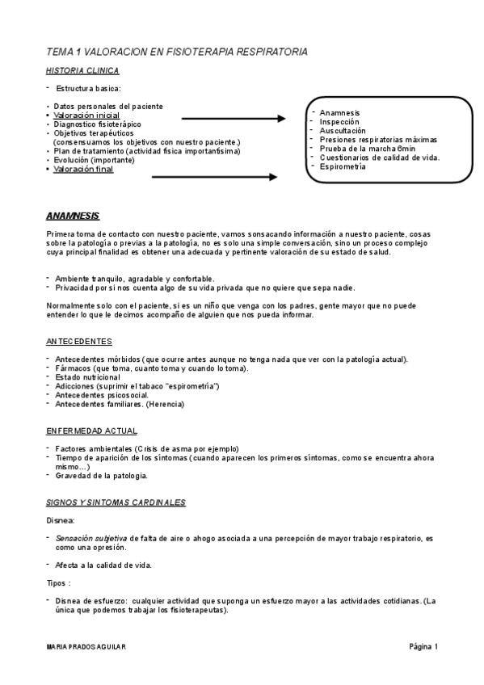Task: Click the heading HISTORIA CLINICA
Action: (x=82, y=70)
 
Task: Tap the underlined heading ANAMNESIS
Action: (x=73, y=216)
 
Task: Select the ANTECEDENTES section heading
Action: (x=79, y=342)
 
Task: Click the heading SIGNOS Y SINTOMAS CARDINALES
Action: (x=116, y=502)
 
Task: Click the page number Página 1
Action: (x=422, y=647)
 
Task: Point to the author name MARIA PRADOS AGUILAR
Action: (x=86, y=648)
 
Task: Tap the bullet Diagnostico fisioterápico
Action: (x=97, y=124)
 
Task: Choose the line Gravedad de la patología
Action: (x=101, y=475)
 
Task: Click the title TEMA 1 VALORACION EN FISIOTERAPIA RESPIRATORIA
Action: (x=177, y=52)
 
